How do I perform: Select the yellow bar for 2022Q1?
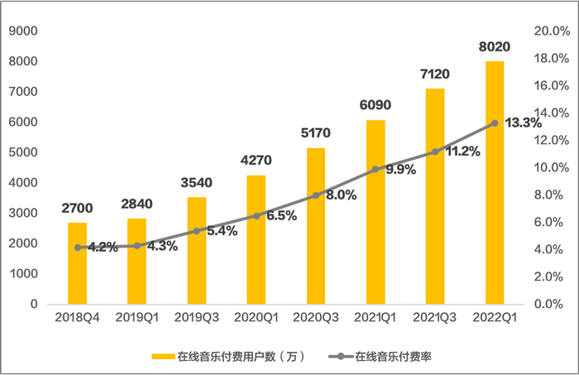click(495, 182)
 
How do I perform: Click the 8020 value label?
click(495, 46)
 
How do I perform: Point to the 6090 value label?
click(376, 105)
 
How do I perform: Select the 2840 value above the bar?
click(137, 204)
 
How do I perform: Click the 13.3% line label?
click(523, 123)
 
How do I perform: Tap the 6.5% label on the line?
click(283, 214)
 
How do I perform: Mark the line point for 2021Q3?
click(435, 151)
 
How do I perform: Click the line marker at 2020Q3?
click(316, 195)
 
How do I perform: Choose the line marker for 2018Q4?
click(78, 247)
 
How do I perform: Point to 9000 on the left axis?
click(25, 31)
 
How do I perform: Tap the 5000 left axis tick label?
click(25, 152)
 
